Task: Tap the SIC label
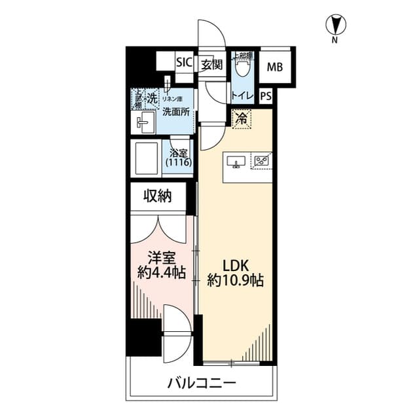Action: coord(183,64)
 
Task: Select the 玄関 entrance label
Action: coord(211,64)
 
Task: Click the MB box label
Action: coord(275,65)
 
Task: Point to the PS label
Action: coord(265,96)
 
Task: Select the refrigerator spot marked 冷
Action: coord(242,118)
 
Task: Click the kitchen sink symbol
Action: coord(236,161)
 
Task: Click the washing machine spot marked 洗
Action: coord(151,98)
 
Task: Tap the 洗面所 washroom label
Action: coord(175,111)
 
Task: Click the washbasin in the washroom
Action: coord(145,121)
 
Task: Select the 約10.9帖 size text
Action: coord(235,282)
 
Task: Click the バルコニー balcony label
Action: coord(201,383)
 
